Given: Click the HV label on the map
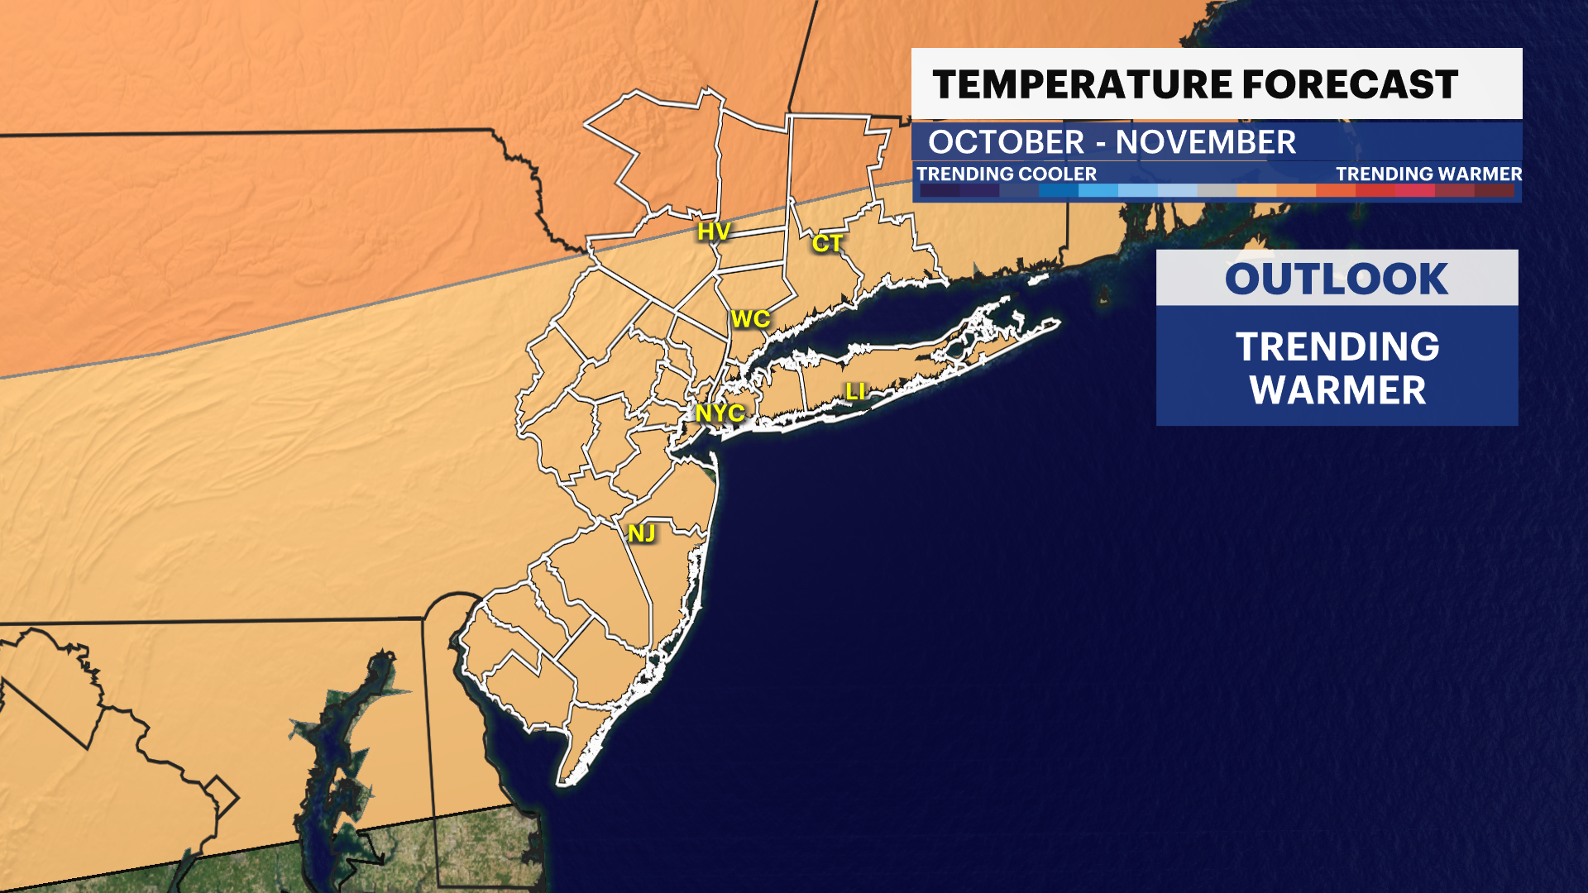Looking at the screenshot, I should click(714, 232).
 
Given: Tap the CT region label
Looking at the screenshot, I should click(827, 243).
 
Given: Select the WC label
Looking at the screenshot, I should click(750, 319).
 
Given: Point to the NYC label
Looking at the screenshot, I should click(720, 413).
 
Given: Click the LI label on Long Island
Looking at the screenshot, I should click(855, 392).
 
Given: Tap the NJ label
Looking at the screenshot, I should click(642, 533).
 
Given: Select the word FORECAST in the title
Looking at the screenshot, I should click(1350, 85).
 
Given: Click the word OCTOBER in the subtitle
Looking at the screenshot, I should click(1006, 142).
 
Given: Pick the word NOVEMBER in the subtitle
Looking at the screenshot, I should click(1205, 142).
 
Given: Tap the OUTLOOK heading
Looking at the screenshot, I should click(1337, 279).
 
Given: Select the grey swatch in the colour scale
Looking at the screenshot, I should click(1217, 191).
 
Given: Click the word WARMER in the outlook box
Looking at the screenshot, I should click(1337, 390).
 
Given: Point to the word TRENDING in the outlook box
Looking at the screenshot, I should click(1337, 346).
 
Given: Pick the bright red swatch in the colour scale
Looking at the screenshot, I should click(1375, 191).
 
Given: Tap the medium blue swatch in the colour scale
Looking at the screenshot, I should click(1059, 191).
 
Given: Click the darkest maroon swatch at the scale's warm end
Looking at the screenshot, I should click(1495, 191).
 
